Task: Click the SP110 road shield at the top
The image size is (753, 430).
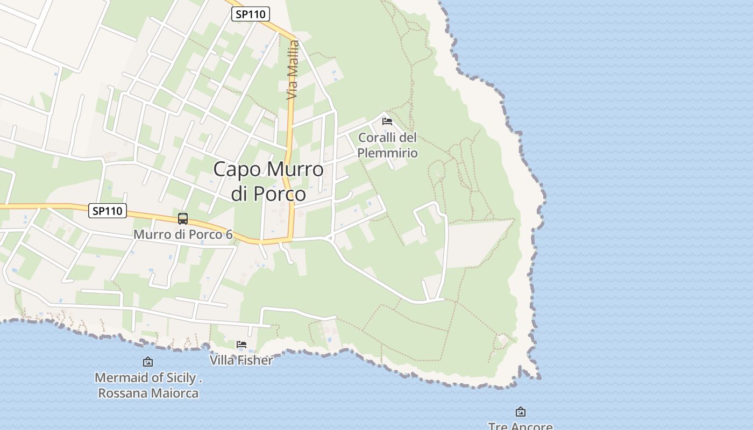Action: click(251, 14)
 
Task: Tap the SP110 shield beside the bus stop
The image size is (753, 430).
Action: click(108, 211)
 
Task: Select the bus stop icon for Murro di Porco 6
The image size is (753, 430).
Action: click(183, 219)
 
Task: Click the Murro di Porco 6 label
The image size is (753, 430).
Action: click(183, 234)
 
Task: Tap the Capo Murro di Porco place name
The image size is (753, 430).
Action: click(268, 181)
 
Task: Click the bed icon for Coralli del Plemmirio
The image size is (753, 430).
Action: click(387, 121)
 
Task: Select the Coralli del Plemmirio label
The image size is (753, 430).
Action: click(387, 145)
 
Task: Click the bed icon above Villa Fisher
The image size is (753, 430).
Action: click(241, 345)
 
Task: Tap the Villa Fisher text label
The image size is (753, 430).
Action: click(241, 360)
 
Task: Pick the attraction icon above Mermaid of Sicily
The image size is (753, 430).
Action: click(147, 362)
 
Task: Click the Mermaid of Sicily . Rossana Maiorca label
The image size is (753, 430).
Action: click(148, 385)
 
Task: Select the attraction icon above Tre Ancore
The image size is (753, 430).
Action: click(520, 412)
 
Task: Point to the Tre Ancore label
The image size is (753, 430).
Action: click(520, 426)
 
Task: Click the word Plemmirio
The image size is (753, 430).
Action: click(387, 153)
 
